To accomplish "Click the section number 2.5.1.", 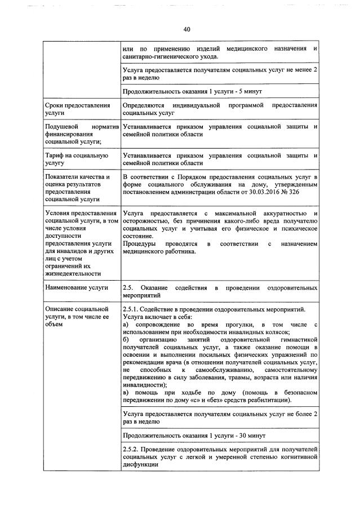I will [131, 309].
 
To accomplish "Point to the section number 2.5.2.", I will [131, 449].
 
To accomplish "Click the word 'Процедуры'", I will [139, 243].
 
